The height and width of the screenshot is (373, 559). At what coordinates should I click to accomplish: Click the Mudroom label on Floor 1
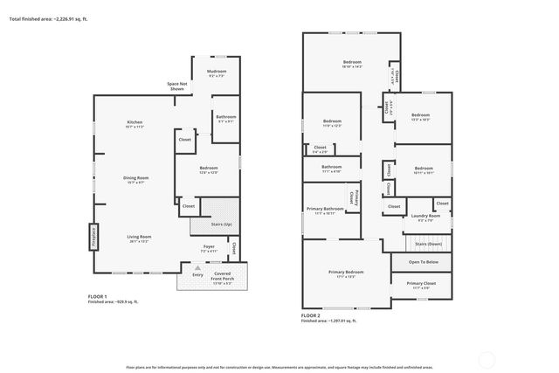pyautogui.click(x=217, y=71)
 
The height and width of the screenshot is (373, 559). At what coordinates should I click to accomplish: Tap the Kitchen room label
pyautogui.click(x=135, y=121)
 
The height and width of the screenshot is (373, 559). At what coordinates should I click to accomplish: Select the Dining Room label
pyautogui.click(x=135, y=177)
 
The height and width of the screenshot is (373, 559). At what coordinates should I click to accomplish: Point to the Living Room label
pyautogui.click(x=139, y=237)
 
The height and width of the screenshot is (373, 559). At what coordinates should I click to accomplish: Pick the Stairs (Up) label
pyautogui.click(x=222, y=224)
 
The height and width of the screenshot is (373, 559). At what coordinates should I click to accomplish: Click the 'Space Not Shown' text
pyautogui.click(x=176, y=86)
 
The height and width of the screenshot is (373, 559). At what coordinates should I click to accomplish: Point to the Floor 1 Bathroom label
pyautogui.click(x=225, y=116)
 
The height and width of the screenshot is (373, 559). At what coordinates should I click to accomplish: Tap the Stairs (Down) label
pyautogui.click(x=429, y=244)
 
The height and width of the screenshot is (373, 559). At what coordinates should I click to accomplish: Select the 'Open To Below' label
pyautogui.click(x=423, y=262)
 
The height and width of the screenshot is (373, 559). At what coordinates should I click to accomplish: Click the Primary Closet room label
pyautogui.click(x=422, y=283)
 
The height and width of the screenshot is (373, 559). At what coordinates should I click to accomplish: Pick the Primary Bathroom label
pyautogui.click(x=324, y=209)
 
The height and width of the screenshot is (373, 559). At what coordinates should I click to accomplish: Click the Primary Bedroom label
pyautogui.click(x=346, y=272)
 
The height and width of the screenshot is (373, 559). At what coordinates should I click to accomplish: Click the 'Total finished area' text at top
pyautogui.click(x=49, y=18)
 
